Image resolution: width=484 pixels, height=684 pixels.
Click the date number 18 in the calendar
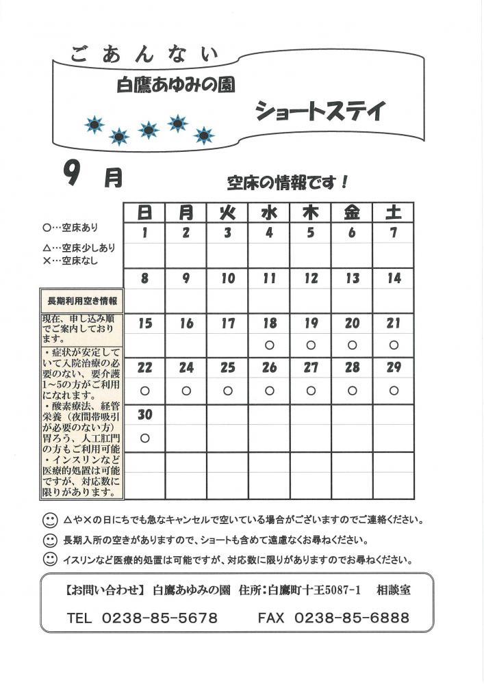pos(269,324)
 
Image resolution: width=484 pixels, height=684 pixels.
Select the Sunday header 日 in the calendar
pos(144,213)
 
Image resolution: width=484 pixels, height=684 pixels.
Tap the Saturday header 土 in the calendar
pos(393,213)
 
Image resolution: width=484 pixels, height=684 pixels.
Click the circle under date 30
pos(144,436)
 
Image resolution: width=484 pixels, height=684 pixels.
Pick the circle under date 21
pos(393,345)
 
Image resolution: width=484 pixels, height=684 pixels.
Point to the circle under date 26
pos(269,391)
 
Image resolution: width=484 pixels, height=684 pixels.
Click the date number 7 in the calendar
pos(393,233)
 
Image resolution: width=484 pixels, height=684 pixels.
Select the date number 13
pos(352,278)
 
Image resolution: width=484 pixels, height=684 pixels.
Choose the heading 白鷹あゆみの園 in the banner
pos(177,85)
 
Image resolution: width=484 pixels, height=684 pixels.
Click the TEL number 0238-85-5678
pos(160,618)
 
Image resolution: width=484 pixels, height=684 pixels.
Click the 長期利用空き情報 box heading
pos(81,300)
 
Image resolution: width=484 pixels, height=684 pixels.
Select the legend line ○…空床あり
pos(70,226)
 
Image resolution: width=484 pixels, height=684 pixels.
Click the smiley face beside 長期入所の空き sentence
pos(49,539)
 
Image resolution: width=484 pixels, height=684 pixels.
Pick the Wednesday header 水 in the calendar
pos(269,213)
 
